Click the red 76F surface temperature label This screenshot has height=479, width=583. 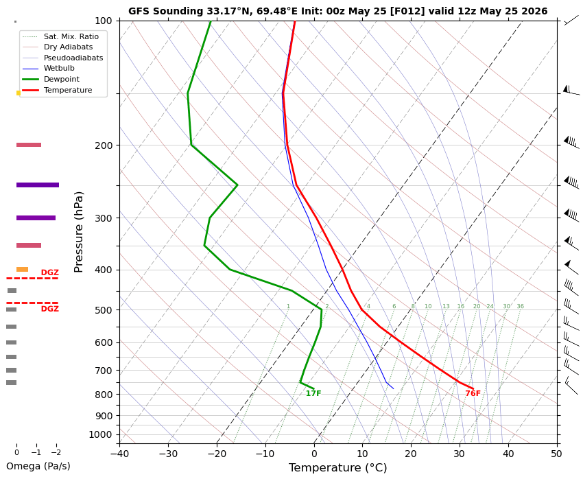(473, 393)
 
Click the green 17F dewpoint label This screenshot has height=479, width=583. (313, 393)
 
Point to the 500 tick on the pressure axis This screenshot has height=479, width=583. (104, 310)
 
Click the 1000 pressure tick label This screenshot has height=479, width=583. (101, 435)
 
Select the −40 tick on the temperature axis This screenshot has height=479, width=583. (119, 454)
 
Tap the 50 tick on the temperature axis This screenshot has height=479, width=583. (557, 454)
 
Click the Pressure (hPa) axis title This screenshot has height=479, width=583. (78, 232)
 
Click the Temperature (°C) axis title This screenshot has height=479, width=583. (338, 468)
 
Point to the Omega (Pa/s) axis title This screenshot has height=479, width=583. (38, 467)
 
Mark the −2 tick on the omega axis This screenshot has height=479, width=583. (56, 453)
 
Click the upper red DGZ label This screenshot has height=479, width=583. (50, 272)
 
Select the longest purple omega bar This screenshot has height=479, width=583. (38, 185)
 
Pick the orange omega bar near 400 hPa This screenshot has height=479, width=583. (23, 269)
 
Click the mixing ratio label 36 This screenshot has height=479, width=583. (520, 307)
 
